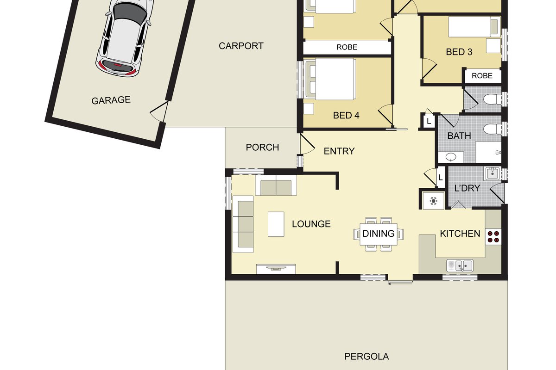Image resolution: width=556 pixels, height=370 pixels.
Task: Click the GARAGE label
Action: (111, 100)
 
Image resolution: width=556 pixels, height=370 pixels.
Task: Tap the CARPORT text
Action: (241, 46)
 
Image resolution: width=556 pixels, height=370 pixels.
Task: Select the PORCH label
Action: (262, 148)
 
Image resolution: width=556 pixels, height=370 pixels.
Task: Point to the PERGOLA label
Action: (366, 357)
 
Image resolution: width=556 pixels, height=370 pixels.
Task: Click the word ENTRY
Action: (339, 151)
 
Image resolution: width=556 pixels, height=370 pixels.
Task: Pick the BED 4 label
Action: (346, 116)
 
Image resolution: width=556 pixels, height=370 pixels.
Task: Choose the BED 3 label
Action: (459, 52)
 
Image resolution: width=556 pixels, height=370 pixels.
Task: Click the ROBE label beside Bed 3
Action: (482, 76)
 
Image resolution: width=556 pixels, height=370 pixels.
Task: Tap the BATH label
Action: (459, 136)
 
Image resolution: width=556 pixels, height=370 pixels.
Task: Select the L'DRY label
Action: (467, 188)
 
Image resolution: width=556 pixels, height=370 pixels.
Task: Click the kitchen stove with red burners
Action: (493, 237)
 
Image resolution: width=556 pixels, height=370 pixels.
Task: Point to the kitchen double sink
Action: (460, 265)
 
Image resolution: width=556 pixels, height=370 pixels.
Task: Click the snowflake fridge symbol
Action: (433, 201)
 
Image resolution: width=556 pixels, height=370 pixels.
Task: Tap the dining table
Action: (379, 234)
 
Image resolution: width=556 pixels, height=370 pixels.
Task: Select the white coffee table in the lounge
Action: (276, 224)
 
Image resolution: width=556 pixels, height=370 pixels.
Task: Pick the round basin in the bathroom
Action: (451, 157)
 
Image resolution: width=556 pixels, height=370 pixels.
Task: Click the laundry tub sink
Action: (492, 174)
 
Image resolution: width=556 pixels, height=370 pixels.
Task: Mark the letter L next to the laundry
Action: (440, 178)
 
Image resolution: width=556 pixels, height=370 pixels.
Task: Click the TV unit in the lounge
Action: (276, 269)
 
